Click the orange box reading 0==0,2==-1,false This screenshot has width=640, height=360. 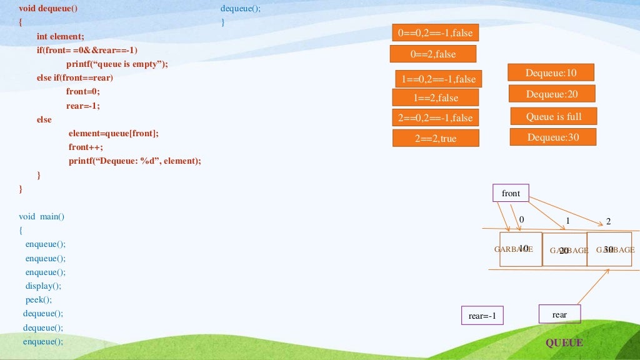point(435,33)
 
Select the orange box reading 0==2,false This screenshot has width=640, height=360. point(432,54)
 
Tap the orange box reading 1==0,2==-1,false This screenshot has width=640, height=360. point(438,79)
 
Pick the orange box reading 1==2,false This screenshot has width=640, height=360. point(435,97)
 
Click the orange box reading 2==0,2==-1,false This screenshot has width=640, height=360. point(435,117)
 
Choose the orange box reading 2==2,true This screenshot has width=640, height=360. point(435,138)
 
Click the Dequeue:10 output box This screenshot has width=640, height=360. point(550,73)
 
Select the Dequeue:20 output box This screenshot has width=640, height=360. point(551,94)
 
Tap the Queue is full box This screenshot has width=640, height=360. point(553,116)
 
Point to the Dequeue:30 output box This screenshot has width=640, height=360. point(552,137)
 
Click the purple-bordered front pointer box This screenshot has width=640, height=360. point(511,193)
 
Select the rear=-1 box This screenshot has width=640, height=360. point(481,316)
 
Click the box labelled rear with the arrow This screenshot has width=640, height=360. point(559,314)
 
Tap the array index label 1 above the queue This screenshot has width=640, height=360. point(567,221)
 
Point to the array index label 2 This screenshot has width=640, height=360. point(608,222)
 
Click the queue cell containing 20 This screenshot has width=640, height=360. point(564,249)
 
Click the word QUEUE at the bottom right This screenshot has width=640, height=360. point(564,342)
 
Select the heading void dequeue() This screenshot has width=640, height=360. point(49,9)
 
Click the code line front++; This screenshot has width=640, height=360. point(86,147)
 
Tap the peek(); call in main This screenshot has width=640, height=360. point(39,299)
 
